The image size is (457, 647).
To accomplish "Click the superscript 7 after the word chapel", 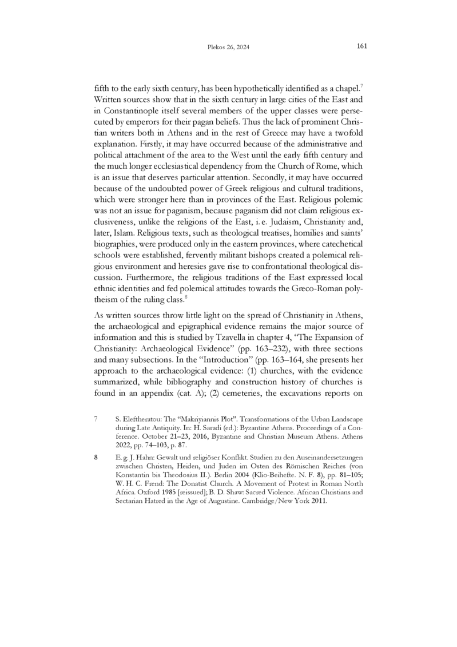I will (x=363, y=86).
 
